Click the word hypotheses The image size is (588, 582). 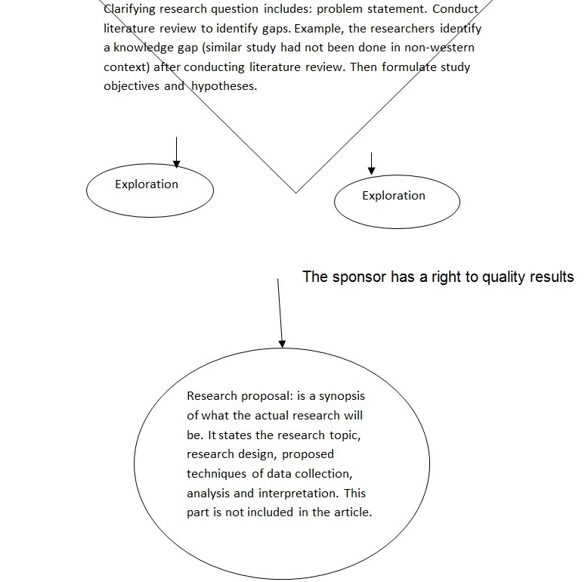tap(224, 86)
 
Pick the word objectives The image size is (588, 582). tap(132, 86)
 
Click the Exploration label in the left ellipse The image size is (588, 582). tap(147, 184)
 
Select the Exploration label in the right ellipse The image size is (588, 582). tap(394, 196)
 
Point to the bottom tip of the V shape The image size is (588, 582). tap(296, 192)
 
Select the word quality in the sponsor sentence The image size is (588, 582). tap(500, 277)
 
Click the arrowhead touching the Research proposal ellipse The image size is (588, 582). tap(283, 343)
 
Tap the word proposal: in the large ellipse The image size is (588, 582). tap(266, 396)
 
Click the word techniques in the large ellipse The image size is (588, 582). tap(214, 474)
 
